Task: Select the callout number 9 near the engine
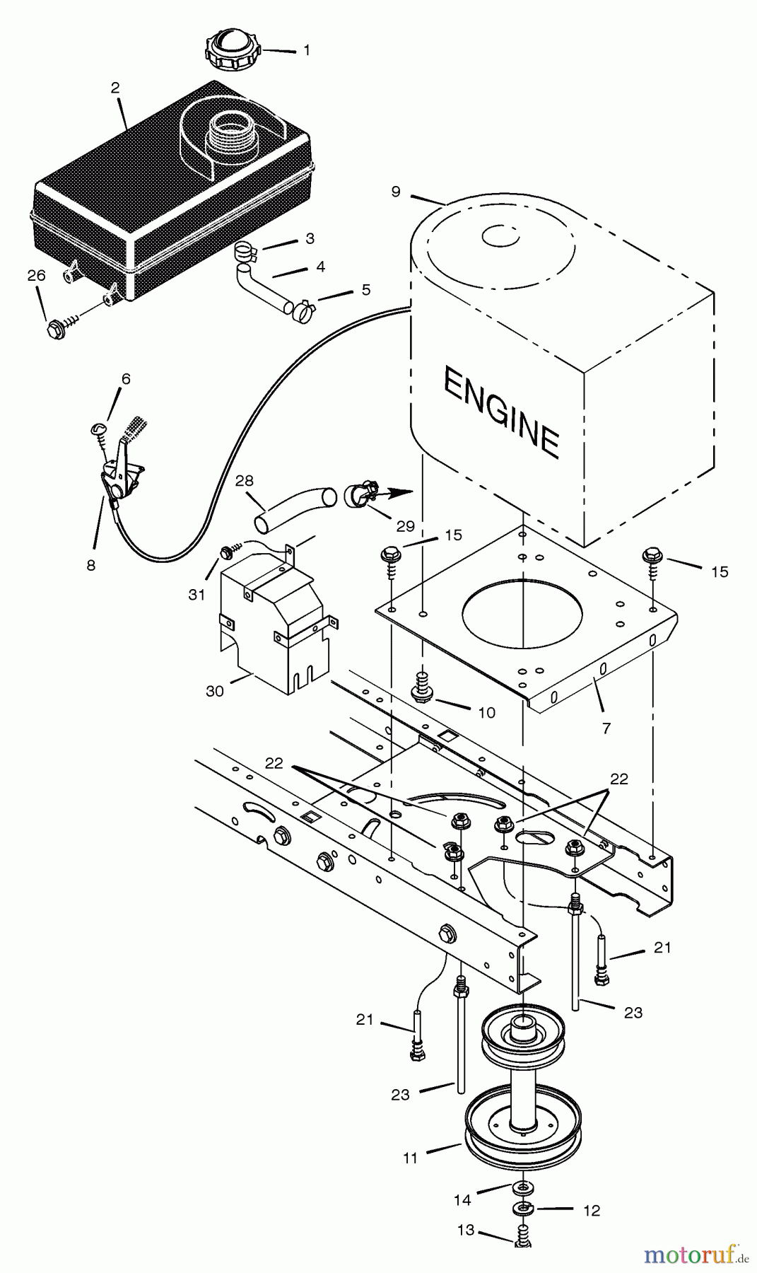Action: click(x=395, y=192)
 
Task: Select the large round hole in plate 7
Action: click(x=522, y=612)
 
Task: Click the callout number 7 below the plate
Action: click(x=606, y=728)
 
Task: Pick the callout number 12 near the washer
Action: click(x=591, y=1211)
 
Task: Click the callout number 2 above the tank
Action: click(x=115, y=88)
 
